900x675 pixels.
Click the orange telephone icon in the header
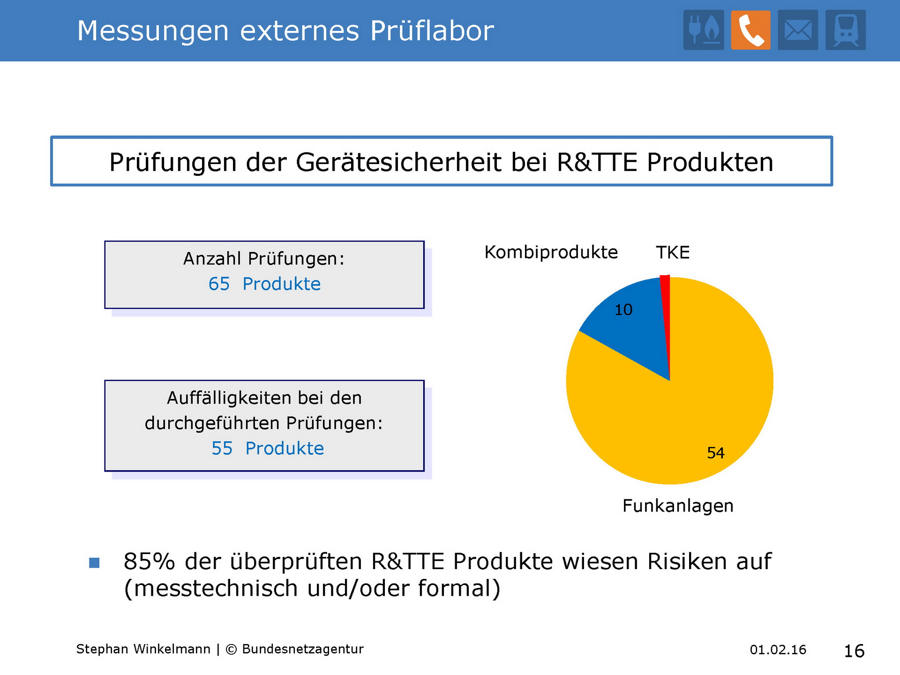pos(750,30)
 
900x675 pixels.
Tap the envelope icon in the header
pos(798,30)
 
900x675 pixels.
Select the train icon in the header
pos(846,30)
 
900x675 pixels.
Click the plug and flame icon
pos(704,30)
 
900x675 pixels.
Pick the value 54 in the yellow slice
pos(716,453)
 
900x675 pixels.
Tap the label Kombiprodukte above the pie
pos(551,253)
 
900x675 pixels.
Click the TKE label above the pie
pos(673,253)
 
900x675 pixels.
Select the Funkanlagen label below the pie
pos(678,506)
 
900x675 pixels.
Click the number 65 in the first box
pos(219,284)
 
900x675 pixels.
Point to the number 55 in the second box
pos(222,449)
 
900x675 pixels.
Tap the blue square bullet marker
pos(94,562)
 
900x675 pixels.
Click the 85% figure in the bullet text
pos(149,561)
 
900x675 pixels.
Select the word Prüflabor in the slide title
pos(432,31)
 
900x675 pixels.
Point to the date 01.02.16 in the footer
pos(778,650)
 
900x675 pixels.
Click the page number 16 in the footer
pos(854,651)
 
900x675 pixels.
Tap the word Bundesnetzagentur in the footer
pos(303,649)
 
